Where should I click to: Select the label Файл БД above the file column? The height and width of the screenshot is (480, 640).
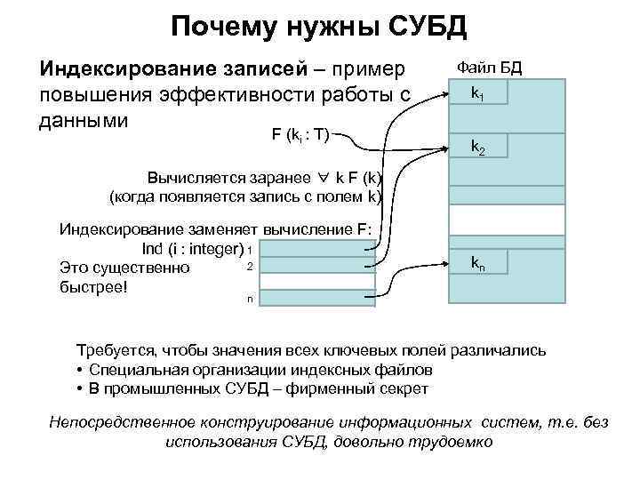[489, 67]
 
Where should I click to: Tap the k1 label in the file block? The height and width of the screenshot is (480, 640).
[477, 92]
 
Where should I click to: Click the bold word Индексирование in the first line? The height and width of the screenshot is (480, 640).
[109, 69]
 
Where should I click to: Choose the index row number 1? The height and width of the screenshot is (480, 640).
[251, 250]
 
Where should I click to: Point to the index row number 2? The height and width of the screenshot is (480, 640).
[251, 267]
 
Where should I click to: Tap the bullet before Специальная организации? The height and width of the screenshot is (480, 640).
[80, 370]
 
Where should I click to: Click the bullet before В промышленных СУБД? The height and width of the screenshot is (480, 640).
[80, 388]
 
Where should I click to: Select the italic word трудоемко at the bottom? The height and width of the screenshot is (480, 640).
[456, 441]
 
